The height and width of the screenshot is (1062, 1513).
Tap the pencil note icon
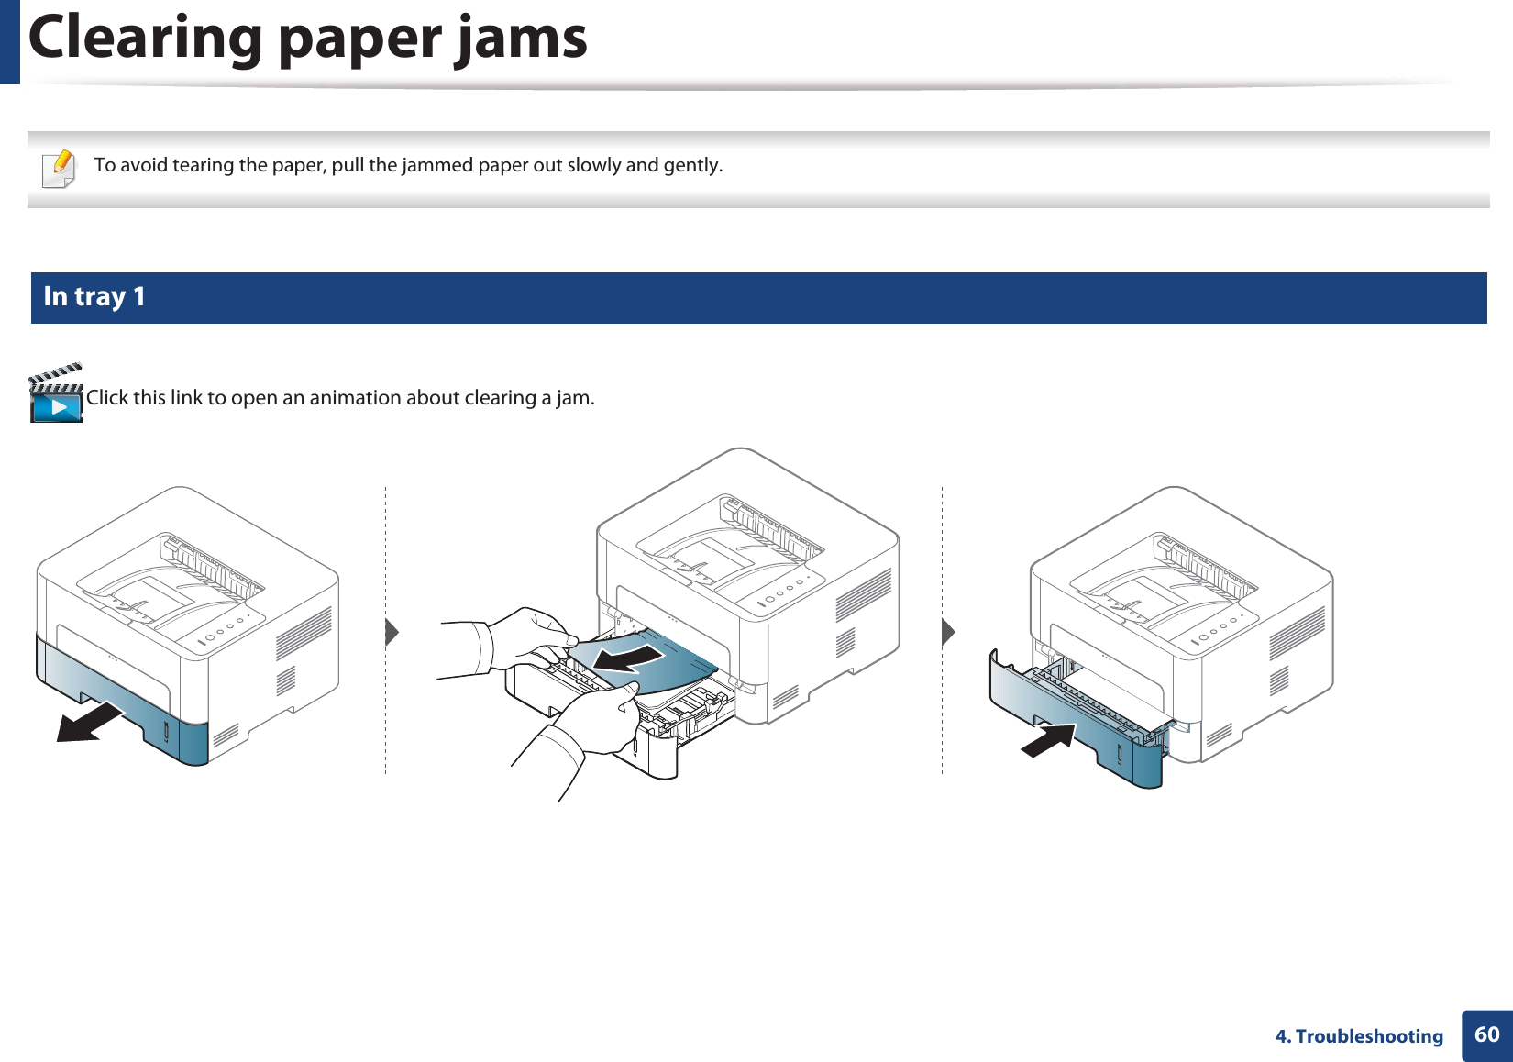click(60, 169)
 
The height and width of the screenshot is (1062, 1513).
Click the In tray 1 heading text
click(94, 296)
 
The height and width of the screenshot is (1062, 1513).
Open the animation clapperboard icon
click(56, 393)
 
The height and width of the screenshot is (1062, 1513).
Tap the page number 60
click(1486, 1035)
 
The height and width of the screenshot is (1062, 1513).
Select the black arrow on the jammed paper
click(627, 658)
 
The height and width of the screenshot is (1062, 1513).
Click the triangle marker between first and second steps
click(392, 632)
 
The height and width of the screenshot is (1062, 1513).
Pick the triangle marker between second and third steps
click(948, 632)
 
